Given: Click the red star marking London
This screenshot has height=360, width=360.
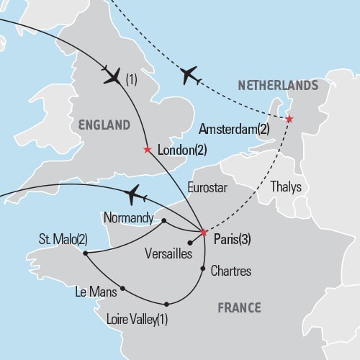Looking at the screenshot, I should point(148,150).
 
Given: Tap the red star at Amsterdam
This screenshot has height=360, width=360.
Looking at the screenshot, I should point(289,119).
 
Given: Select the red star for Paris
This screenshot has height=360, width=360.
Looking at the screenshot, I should point(204,233).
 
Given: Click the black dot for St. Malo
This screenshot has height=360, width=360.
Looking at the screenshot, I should point(85,253).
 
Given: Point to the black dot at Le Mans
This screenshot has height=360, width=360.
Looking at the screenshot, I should point(122,289).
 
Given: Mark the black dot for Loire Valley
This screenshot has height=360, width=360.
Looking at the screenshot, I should point(166,304).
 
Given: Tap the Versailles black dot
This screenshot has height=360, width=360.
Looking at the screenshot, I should point(189,243).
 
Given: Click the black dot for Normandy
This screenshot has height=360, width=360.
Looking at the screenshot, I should point(164,220).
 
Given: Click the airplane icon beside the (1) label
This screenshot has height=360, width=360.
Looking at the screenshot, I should point(113,76).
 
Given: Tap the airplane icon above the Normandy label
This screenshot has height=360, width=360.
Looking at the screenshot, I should point(135,194).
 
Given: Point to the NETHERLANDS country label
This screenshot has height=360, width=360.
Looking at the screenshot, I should point(278,86).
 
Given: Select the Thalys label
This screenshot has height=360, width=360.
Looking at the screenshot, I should point(287,186).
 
